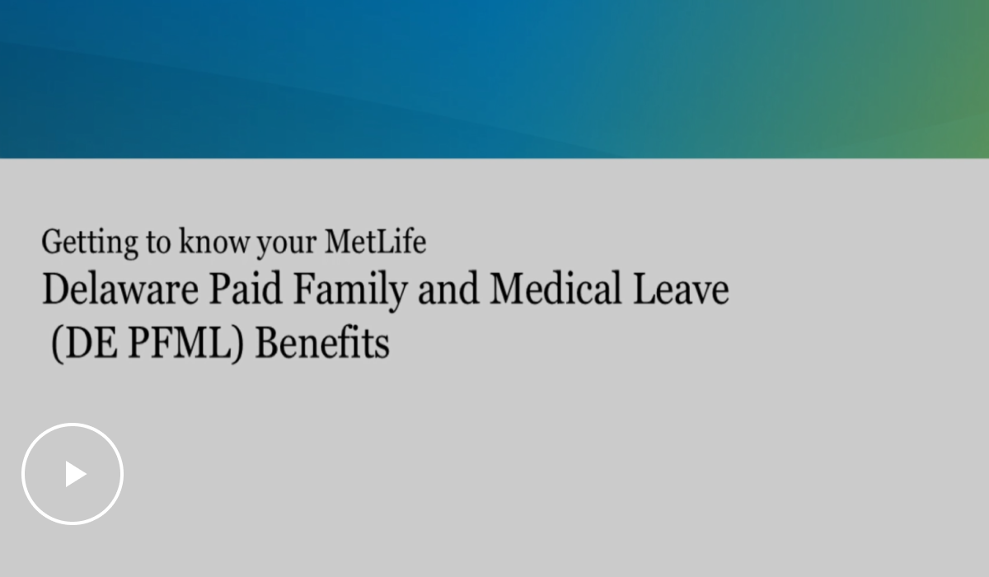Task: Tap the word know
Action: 214,241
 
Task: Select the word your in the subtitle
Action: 287,245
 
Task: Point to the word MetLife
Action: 376,241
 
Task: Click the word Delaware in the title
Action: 120,288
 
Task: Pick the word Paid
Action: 246,288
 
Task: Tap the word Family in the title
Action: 350,291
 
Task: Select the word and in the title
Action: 448,288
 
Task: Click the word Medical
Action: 555,288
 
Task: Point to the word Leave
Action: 681,288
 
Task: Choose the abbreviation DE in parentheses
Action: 92,343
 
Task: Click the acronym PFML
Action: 180,343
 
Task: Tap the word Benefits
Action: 323,342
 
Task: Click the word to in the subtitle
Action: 158,243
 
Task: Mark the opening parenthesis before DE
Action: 58,345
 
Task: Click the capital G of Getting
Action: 51,242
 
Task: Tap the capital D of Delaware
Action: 57,288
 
